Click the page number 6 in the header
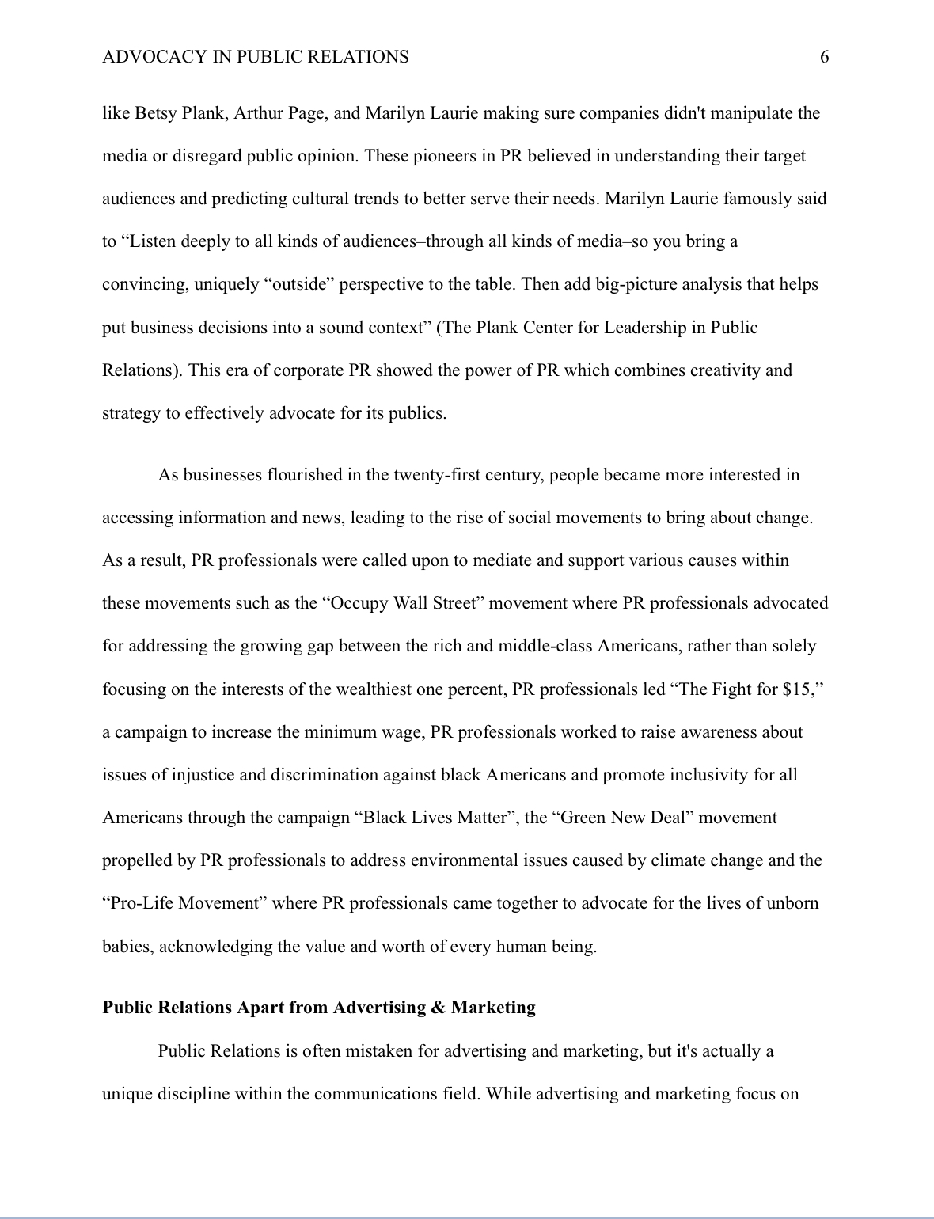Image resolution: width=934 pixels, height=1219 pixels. tap(824, 57)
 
